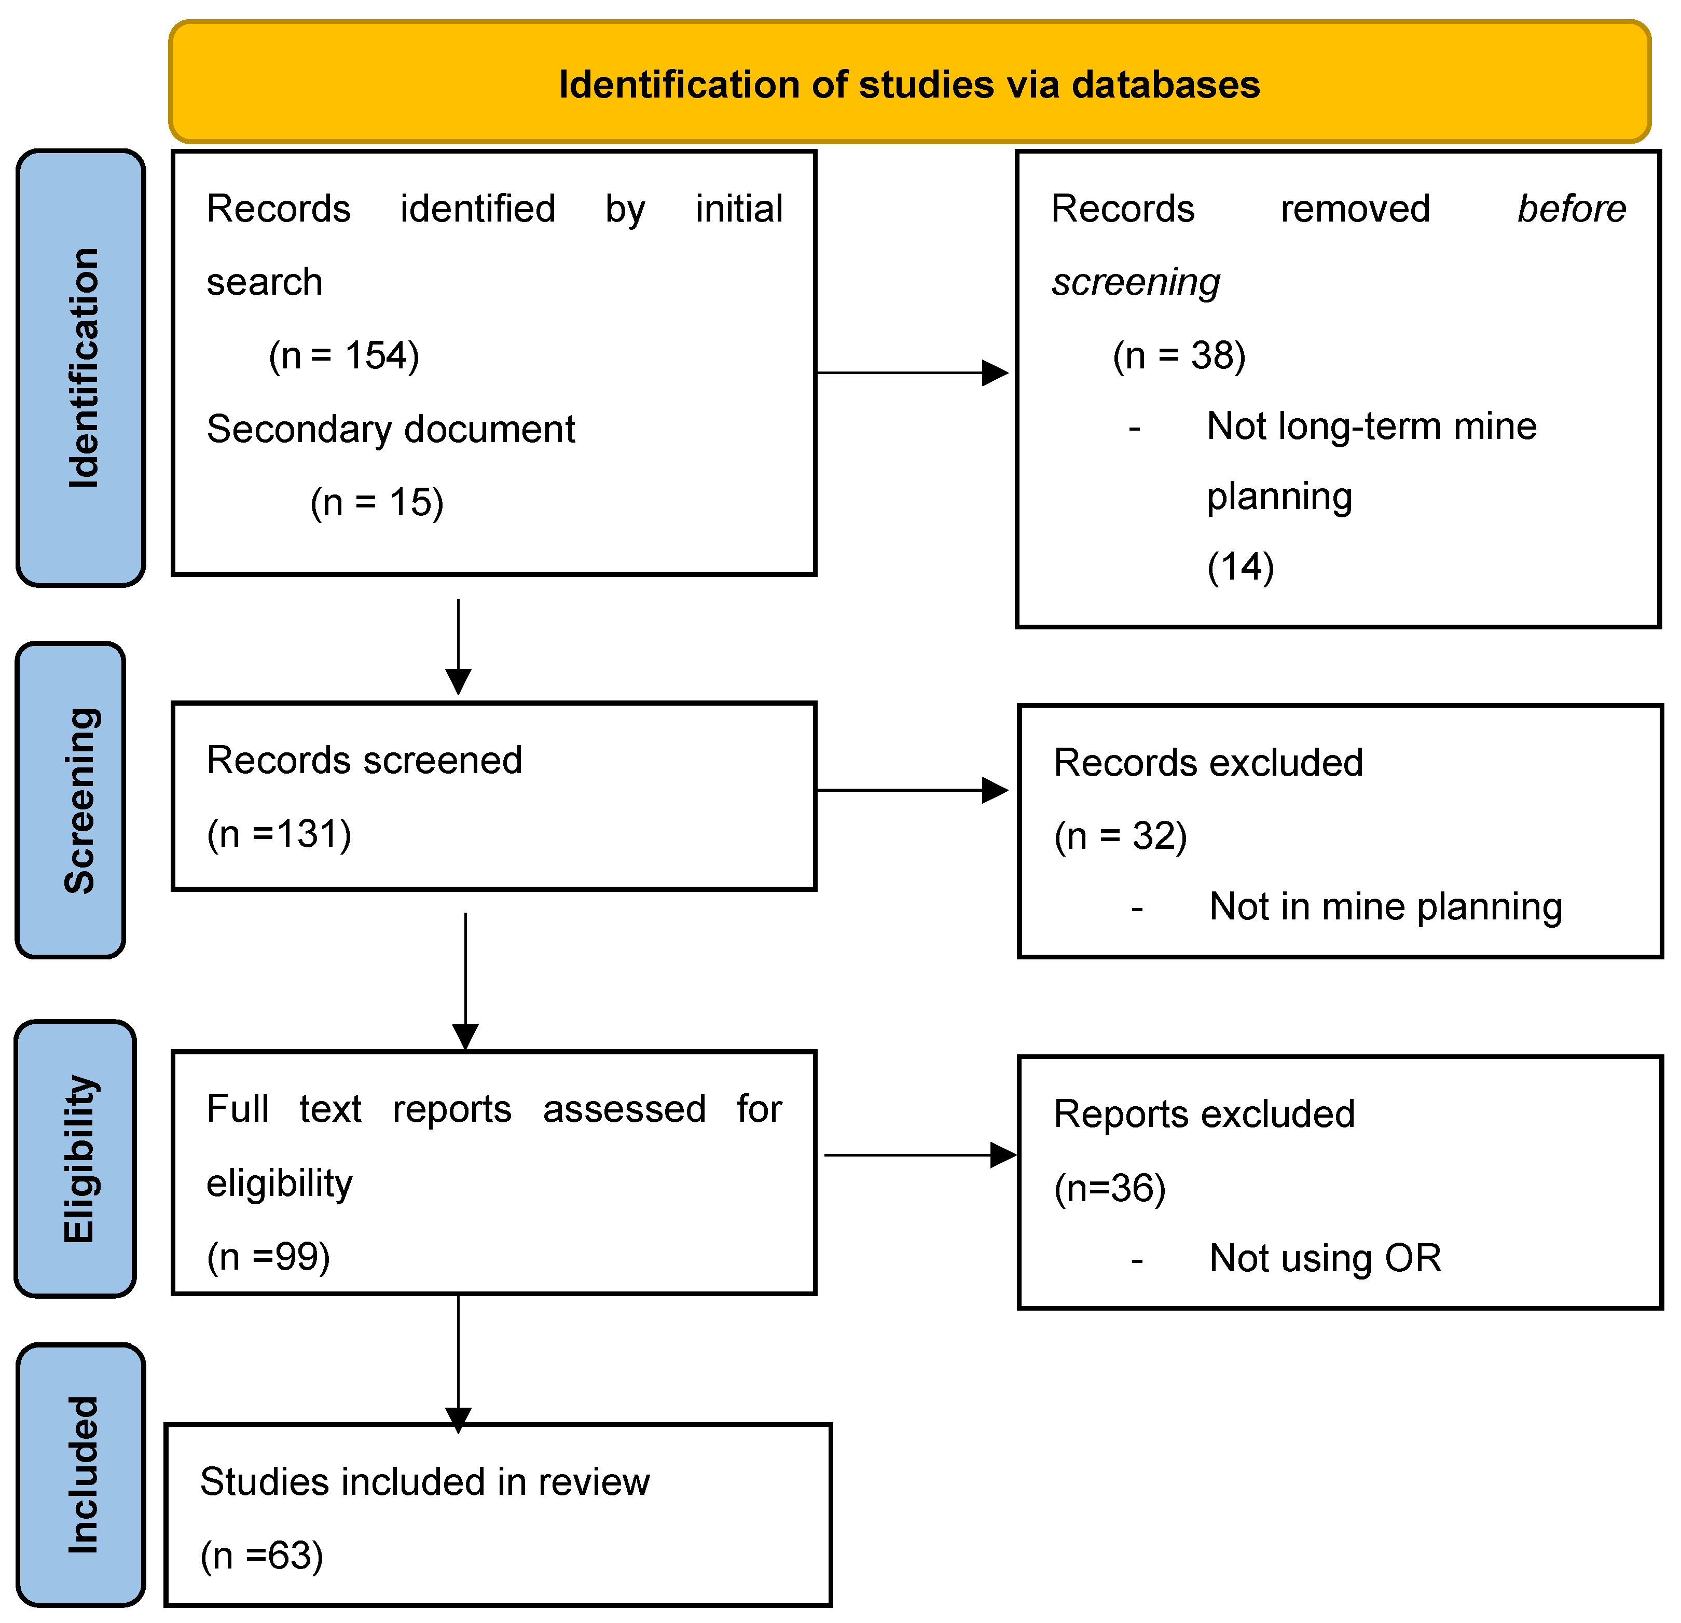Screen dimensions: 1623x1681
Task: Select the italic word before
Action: [x=1571, y=209]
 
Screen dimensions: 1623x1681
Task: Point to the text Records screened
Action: [x=365, y=760]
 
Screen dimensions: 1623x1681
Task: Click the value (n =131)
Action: [x=279, y=834]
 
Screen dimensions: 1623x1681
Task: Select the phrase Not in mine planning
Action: [x=1385, y=907]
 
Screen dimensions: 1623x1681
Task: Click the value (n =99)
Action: [x=268, y=1257]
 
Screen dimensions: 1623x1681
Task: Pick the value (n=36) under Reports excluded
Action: [x=1110, y=1188]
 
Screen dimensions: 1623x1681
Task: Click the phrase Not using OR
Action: [x=1325, y=1258]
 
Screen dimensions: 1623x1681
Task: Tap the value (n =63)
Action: [x=261, y=1555]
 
